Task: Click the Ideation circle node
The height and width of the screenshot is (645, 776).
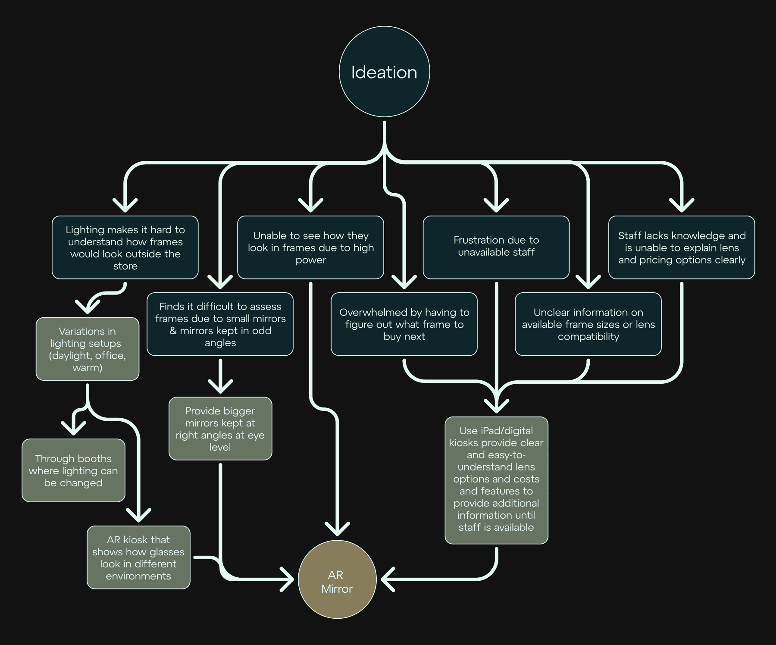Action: (x=384, y=72)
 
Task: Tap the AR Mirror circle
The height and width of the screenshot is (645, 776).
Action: (x=337, y=579)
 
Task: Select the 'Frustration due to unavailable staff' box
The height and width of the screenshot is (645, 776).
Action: (x=496, y=247)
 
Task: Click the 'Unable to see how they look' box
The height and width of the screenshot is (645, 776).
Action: (x=310, y=247)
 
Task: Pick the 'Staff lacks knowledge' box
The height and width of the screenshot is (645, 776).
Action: (x=682, y=247)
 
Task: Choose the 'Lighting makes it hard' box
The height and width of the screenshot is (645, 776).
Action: (x=125, y=247)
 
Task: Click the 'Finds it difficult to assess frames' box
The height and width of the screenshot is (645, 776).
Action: (x=220, y=324)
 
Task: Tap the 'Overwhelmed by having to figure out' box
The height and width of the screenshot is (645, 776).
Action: (x=404, y=324)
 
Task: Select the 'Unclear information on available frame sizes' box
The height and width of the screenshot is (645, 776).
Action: (x=588, y=324)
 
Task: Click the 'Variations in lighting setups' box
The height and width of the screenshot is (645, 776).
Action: (x=88, y=349)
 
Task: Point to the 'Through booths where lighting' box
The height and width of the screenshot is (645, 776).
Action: (x=73, y=470)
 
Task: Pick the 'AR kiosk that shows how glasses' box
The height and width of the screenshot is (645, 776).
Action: (x=138, y=557)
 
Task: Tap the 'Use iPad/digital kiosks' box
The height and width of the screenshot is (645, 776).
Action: (x=496, y=480)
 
